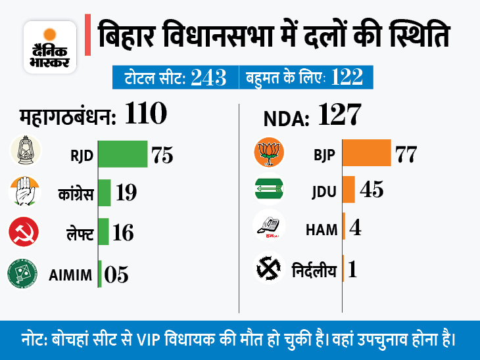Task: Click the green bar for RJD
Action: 122,154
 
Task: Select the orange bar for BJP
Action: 367,154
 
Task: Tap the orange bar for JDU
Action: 349,190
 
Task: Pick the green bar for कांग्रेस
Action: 105,192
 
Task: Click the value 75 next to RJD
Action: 162,155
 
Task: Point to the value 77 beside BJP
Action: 406,155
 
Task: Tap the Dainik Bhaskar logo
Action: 49,46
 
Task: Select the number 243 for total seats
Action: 208,78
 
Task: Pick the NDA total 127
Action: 340,116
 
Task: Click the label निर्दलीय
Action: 314,269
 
